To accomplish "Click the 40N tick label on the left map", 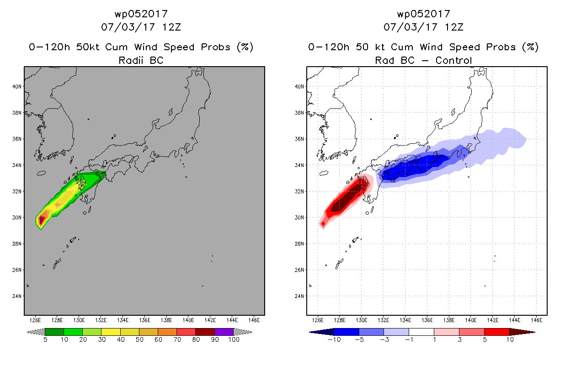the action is click(17, 87).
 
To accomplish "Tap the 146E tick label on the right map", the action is click(536, 320).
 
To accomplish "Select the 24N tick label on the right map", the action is click(299, 296).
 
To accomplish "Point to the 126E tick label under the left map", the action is click(35, 320).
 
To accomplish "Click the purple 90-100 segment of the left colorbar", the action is click(224, 332).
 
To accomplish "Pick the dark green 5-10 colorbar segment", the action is click(54, 332).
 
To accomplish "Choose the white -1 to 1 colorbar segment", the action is click(421, 332).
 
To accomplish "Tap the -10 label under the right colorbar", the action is click(334, 339).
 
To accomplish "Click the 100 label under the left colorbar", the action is click(234, 339).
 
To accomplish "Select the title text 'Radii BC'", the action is click(141, 60).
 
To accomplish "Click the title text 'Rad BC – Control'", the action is click(423, 60).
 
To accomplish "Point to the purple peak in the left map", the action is click(41, 219).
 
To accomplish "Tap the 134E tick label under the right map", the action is click(405, 320).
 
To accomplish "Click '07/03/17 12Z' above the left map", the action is click(141, 27).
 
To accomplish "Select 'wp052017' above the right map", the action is click(423, 14).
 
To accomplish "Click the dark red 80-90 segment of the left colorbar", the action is click(205, 332).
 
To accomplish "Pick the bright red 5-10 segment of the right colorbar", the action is click(497, 332).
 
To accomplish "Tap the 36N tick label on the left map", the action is click(17, 139).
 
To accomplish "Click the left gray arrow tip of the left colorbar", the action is click(27, 332).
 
